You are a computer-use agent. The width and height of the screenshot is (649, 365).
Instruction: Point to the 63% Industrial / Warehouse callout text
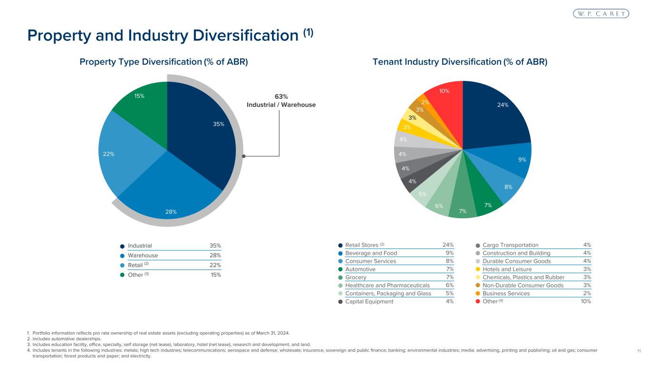coord(281,101)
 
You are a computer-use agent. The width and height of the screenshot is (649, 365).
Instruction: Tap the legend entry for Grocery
coord(356,277)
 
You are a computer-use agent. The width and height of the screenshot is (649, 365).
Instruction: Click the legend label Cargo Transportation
coord(510,245)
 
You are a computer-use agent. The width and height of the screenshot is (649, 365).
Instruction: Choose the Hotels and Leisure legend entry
coord(507,269)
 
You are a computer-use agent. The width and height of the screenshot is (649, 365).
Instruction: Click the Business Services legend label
coord(506,293)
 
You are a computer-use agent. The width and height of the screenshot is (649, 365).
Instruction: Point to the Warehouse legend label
coord(143,255)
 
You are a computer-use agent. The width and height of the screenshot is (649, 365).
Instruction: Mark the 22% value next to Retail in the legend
coord(215,265)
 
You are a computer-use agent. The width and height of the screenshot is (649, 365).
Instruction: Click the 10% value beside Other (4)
coord(586,301)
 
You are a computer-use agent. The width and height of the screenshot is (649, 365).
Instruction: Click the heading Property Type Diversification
coord(164,62)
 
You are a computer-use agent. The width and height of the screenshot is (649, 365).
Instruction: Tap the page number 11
coord(639,351)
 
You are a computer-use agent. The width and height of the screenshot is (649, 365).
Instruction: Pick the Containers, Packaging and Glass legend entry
coord(388,293)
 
